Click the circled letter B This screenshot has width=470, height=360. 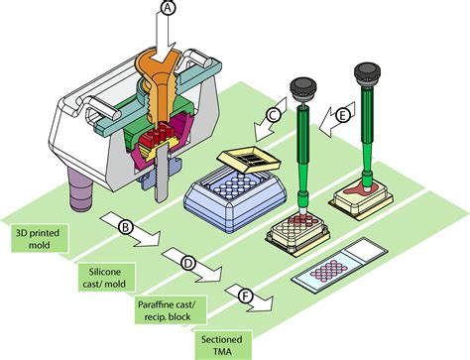click(126, 227)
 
